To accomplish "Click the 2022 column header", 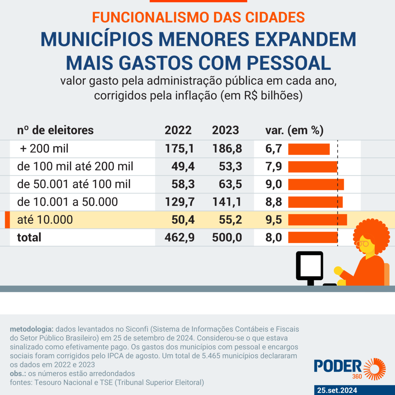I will click(178, 130).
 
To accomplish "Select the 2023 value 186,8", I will click(227, 149).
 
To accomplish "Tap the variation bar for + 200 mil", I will click(309, 149).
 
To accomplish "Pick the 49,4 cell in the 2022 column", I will click(183, 166).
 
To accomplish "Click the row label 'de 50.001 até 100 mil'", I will click(74, 184).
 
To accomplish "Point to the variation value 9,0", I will click(273, 184).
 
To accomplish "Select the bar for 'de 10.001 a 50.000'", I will click(315, 202).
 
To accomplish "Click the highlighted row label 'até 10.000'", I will click(45, 220).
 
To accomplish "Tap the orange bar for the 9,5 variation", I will click(317, 220).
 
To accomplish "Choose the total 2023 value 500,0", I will click(227, 238).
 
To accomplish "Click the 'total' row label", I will click(29, 238).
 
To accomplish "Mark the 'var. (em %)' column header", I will click(294, 130).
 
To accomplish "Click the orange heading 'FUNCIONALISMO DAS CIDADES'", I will click(198, 18).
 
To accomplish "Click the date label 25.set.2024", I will click(337, 390).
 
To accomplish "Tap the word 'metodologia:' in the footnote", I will click(31, 329).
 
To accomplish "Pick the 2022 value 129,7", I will click(180, 202).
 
